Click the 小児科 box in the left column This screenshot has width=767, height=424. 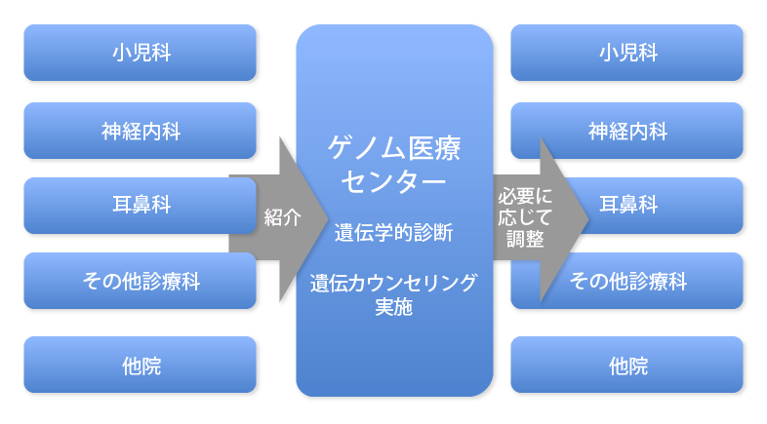click(140, 53)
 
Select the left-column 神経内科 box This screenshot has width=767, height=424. click(140, 130)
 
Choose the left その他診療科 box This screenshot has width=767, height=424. click(140, 283)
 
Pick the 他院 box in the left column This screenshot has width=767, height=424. click(140, 366)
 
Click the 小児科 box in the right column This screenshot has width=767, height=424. click(627, 53)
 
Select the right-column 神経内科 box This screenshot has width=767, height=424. click(627, 130)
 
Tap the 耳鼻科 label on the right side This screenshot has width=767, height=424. click(627, 206)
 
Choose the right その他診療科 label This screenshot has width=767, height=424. click(627, 283)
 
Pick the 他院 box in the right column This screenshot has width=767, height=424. click(627, 366)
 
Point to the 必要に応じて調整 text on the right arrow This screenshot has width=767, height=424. click(525, 216)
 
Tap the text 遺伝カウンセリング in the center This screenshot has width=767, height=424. click(393, 284)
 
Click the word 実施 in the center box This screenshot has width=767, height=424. click(393, 307)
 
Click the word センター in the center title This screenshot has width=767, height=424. click(393, 181)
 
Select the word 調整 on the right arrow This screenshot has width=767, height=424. click(525, 236)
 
